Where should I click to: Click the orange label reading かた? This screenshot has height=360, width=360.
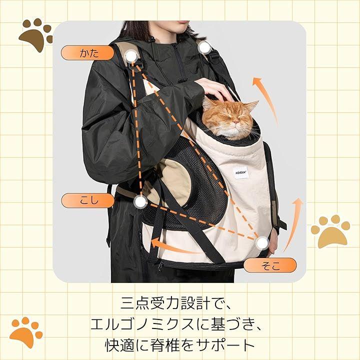click(87, 53)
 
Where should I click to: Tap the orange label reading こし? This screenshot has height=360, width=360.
click(87, 200)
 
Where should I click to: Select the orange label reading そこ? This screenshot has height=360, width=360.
click(270, 265)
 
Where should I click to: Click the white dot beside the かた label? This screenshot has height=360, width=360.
click(131, 56)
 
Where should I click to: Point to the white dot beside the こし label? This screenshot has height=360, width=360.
click(140, 202)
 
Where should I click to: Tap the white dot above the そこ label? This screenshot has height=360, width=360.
click(262, 243)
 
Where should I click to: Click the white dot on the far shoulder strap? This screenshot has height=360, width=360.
click(204, 47)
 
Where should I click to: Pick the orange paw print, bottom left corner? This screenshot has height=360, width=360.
click(25, 332)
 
